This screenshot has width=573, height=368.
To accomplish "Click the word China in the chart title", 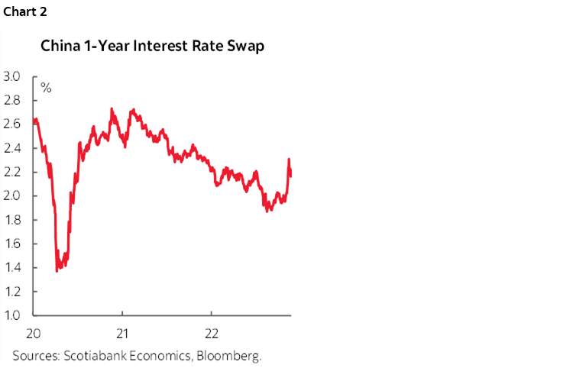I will coord(58,47).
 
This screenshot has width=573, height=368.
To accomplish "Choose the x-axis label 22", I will coord(212,333).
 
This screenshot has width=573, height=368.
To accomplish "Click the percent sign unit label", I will coord(46,89).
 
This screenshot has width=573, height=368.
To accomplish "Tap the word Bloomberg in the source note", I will coord(233,355).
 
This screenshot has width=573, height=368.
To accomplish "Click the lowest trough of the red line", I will coord(57,270).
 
